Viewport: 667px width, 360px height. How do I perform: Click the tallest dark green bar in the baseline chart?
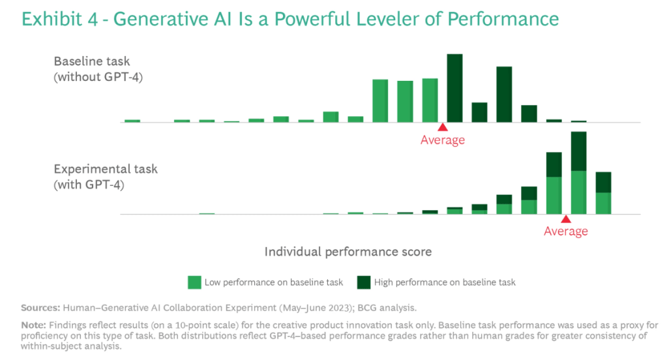[454, 88]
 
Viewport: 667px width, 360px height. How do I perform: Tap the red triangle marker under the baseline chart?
[442, 127]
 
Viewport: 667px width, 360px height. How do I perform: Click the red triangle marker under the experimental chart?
[566, 219]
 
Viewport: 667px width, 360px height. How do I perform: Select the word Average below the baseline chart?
[442, 140]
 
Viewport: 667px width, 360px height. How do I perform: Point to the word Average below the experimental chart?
[566, 232]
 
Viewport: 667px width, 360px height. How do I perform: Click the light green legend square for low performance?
[194, 282]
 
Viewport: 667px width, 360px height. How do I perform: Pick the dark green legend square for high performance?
[363, 282]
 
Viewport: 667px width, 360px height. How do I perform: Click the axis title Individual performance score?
[348, 251]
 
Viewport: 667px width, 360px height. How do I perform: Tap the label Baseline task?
[92, 62]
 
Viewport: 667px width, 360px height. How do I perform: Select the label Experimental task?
[106, 170]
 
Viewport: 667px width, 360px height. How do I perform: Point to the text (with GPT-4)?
[89, 185]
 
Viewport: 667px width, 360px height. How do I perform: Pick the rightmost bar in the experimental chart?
[604, 193]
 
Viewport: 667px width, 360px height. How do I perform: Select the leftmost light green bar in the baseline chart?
[132, 121]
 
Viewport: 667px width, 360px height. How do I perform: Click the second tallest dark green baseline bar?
[504, 94]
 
